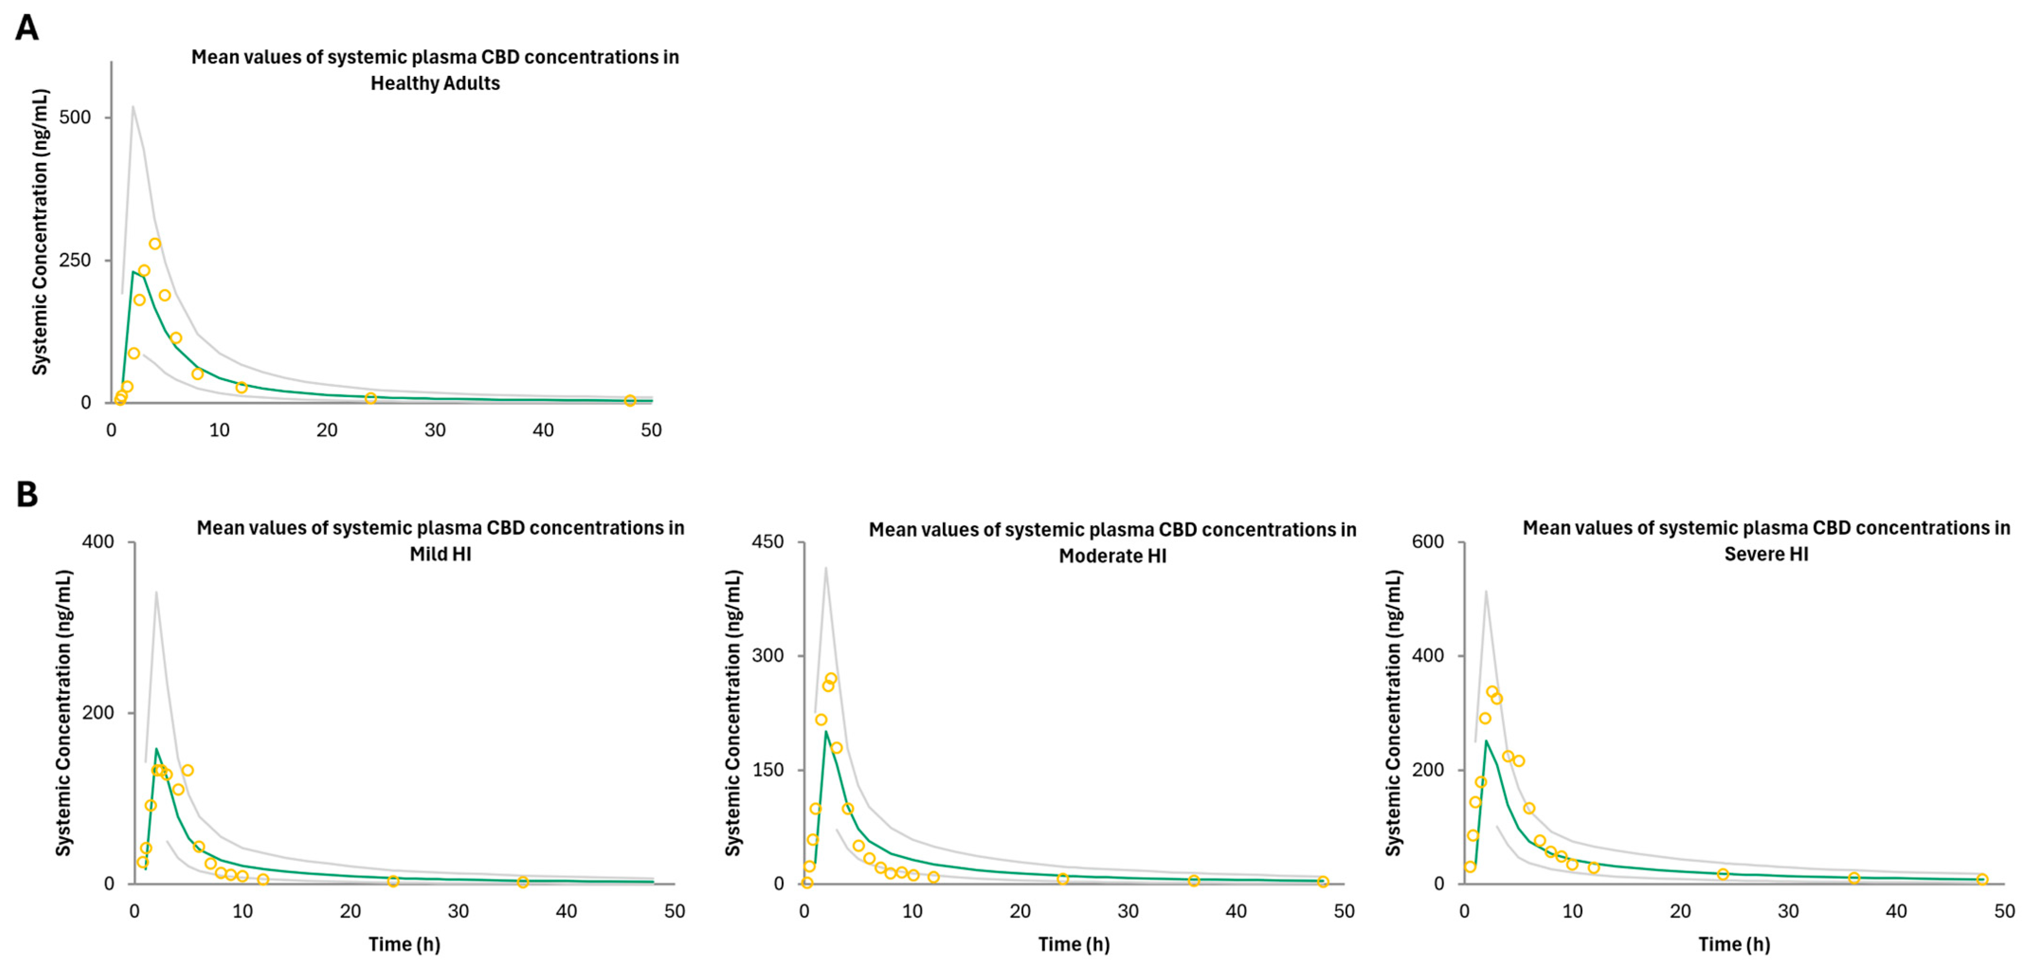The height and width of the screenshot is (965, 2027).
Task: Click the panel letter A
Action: click(27, 28)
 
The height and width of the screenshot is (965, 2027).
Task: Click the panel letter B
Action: click(27, 495)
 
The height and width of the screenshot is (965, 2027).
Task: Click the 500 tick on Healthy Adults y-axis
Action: click(75, 117)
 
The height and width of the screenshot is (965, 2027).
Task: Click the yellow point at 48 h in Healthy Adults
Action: click(630, 401)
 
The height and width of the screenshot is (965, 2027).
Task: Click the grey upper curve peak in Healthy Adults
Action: click(133, 106)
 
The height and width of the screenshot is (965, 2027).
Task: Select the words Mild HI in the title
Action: click(440, 554)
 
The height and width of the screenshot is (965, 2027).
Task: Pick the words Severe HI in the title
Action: click(1766, 554)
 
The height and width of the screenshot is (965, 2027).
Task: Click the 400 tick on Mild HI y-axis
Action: click(99, 542)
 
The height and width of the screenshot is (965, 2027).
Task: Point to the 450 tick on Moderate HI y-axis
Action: click(768, 542)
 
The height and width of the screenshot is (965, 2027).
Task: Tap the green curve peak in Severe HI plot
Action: click(1485, 741)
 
